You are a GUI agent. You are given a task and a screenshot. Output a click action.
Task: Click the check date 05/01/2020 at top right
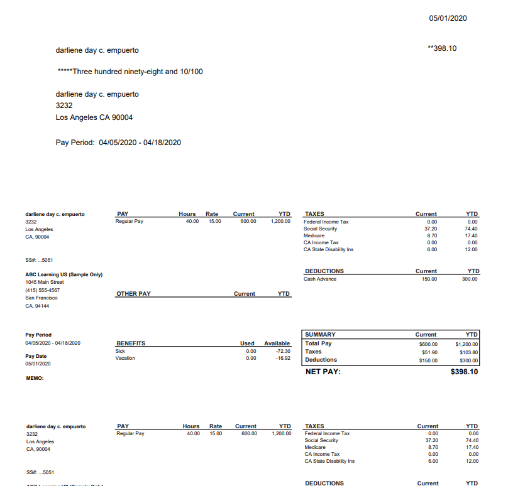click(x=448, y=18)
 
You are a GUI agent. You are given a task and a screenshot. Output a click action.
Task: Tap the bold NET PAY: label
click(x=323, y=372)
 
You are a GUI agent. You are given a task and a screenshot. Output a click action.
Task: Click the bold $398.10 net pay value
click(x=464, y=372)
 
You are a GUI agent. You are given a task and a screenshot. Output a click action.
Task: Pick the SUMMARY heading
click(x=320, y=335)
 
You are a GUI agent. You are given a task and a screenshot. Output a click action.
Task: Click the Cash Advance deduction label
click(x=320, y=279)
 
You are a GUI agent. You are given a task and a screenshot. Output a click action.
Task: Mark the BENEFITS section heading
click(x=131, y=343)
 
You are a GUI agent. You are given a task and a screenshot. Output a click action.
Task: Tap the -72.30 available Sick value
click(x=282, y=351)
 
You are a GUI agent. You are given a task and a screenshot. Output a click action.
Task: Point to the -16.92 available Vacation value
click(x=282, y=359)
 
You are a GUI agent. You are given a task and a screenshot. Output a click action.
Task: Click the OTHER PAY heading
click(x=133, y=294)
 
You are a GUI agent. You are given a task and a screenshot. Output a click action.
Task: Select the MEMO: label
click(x=35, y=378)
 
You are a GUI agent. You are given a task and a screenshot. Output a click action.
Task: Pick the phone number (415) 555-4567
click(x=43, y=290)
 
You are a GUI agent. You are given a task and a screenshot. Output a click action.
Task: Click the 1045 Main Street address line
click(x=45, y=283)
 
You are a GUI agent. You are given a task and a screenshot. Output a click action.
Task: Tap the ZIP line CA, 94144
click(x=37, y=306)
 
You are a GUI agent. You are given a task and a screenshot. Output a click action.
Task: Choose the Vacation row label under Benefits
click(x=125, y=359)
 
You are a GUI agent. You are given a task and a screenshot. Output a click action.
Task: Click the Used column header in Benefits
click(x=247, y=343)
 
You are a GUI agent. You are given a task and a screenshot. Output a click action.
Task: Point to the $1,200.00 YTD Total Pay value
click(x=467, y=343)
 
